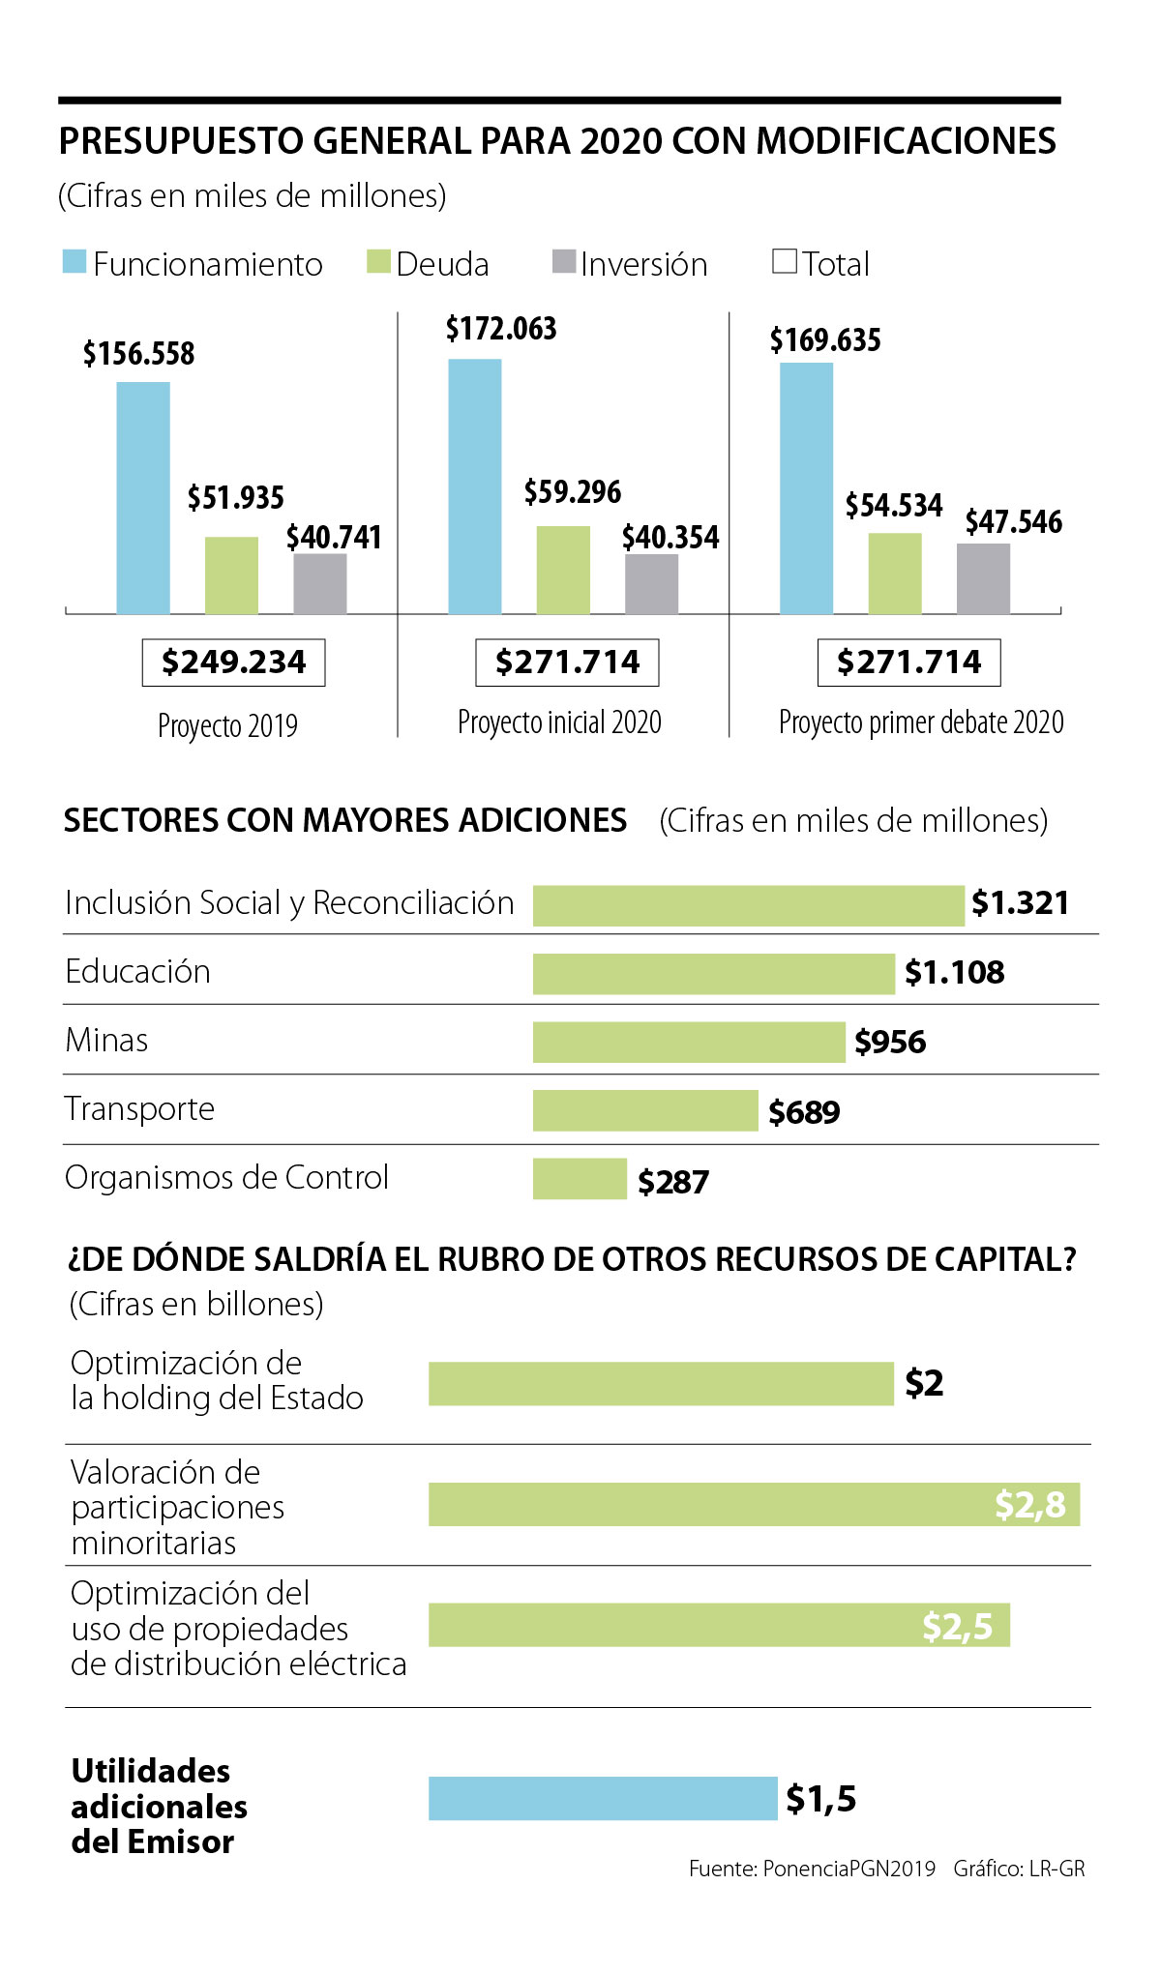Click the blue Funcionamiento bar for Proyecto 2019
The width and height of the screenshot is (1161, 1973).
click(143, 498)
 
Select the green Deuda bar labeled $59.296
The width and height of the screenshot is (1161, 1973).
click(563, 570)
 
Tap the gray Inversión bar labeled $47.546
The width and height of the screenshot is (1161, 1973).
click(983, 578)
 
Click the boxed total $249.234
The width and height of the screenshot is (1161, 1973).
click(233, 663)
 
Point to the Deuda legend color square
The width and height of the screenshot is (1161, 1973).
click(378, 261)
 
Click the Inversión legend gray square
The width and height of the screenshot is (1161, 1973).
click(563, 261)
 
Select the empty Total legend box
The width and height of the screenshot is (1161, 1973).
click(785, 261)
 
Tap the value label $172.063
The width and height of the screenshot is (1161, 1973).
click(501, 329)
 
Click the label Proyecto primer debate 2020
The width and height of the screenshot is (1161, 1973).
click(921, 722)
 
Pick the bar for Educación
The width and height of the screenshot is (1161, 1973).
click(713, 974)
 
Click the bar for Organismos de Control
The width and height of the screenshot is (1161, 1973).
click(580, 1179)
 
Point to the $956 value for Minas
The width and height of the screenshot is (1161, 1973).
click(890, 1042)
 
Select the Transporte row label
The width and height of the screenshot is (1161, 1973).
click(140, 1108)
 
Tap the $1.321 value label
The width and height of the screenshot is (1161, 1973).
click(1020, 903)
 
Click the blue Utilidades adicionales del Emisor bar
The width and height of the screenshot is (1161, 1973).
click(602, 1798)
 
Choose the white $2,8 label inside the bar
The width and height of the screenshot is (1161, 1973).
click(1029, 1505)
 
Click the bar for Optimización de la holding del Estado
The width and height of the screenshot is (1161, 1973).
click(661, 1383)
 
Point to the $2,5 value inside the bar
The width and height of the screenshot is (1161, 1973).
click(957, 1627)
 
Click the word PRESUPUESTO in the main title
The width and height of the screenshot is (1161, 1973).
click(182, 141)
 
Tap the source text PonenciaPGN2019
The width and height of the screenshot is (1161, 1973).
click(848, 1869)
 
